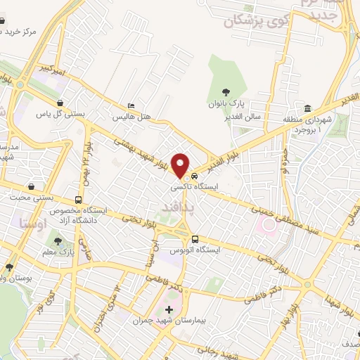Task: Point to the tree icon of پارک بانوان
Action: pyautogui.click(x=226, y=91)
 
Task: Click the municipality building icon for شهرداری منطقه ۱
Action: pyautogui.click(x=309, y=108)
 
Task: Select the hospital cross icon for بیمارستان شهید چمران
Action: pyautogui.click(x=169, y=309)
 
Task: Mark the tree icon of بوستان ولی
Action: pyautogui.click(x=9, y=267)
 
